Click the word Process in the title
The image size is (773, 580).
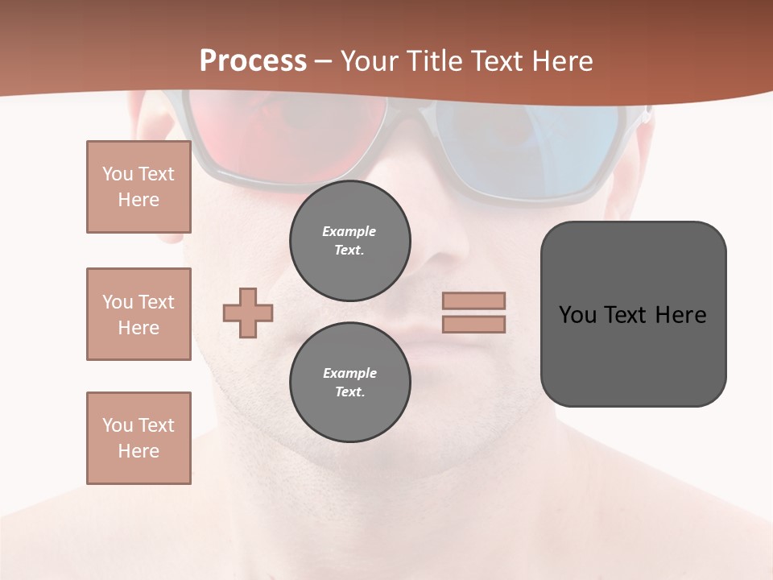coord(253,61)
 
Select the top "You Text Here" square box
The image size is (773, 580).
coord(138,187)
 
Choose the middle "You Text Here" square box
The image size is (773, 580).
coord(138,314)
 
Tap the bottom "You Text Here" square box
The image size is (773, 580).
coord(138,438)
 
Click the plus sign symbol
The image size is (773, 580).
coord(248,313)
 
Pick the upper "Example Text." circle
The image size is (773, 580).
coord(350,241)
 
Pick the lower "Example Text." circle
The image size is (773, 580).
coord(350,383)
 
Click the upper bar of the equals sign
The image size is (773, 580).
coord(474,300)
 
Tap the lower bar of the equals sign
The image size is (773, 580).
coord(474,324)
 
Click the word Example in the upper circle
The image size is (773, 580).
coord(349,232)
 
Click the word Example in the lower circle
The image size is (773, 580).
coord(349,373)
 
